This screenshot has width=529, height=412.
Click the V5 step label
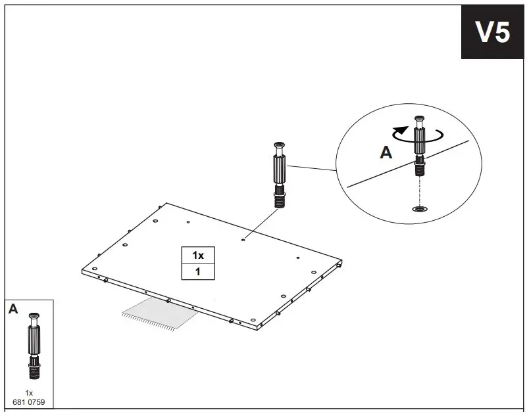point(493,32)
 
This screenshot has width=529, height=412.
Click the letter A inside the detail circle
point(386,152)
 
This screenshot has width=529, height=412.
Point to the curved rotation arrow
point(416,134)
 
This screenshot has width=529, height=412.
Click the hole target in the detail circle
point(418,210)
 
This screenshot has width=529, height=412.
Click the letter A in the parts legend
point(13,309)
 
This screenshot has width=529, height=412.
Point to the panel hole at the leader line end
point(243,240)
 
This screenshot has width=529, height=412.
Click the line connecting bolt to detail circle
point(312,168)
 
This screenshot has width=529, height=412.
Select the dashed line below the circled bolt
point(418,193)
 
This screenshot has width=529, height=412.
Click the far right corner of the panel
point(343,262)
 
